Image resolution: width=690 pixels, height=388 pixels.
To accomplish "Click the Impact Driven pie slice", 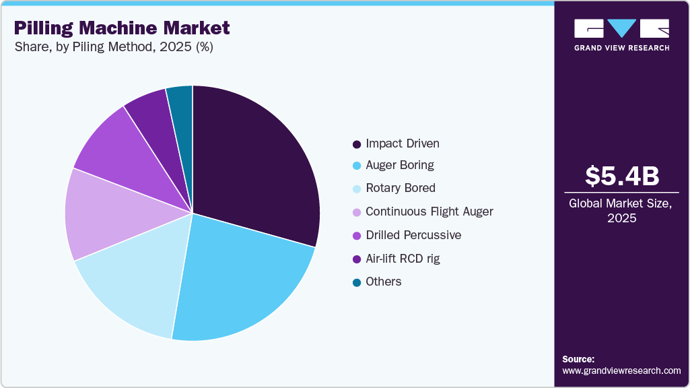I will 256,162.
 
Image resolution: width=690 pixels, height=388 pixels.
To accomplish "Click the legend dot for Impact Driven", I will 357,144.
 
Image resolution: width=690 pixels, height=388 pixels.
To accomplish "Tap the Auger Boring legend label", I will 400,165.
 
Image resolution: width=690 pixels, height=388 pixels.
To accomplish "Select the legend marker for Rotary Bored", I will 357,189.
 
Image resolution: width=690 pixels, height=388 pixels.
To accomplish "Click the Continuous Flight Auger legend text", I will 429,212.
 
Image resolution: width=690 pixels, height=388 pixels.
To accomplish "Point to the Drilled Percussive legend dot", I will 357,236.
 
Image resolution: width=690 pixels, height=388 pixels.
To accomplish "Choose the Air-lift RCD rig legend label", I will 403,259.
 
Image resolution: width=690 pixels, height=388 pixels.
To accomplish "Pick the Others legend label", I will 384,282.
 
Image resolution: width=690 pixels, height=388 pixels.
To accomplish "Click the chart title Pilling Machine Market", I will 121,28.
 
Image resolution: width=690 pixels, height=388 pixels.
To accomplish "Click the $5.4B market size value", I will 621,176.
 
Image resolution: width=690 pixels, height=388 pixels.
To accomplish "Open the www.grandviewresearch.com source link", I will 621,370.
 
